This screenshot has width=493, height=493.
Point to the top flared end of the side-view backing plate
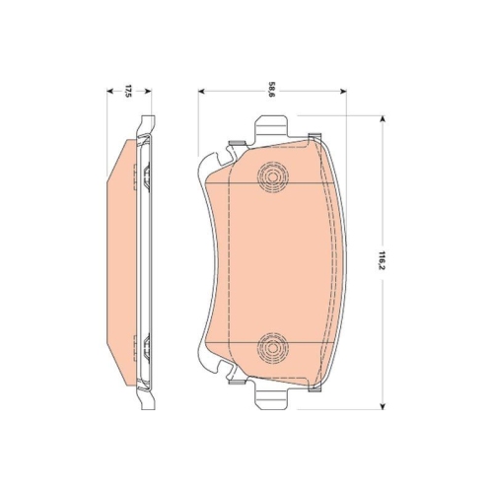tap(147, 123)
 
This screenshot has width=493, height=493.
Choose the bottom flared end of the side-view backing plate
tap(147, 401)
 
